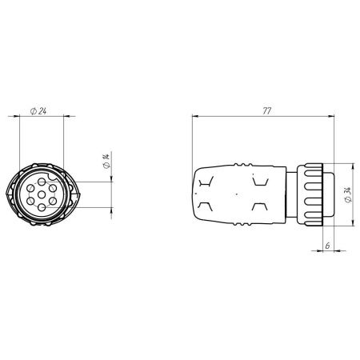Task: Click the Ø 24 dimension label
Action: coord(38,111)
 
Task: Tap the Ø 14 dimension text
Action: coord(106,161)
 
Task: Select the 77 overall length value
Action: coord(266,111)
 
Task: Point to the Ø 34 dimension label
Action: coord(348,195)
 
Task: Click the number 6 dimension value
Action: coord(327,246)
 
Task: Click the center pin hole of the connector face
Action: coord(42,195)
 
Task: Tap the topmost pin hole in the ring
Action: coord(42,182)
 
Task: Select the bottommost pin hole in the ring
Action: coord(42,207)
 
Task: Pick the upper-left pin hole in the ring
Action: coord(30,189)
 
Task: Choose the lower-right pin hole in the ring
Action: coord(53,201)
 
